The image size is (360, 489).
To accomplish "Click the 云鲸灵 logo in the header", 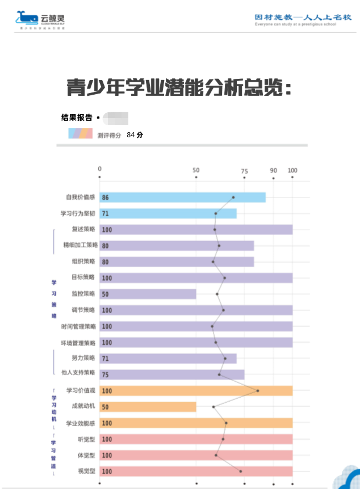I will pos(41,20).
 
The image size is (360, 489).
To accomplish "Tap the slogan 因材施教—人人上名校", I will pos(303,18).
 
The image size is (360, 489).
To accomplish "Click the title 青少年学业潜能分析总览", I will pos(179,88).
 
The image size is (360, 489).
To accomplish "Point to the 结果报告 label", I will pos(77,118).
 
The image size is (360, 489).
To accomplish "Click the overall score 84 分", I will pos(135,135).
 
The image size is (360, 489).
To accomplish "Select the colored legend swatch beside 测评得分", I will pos(80,134).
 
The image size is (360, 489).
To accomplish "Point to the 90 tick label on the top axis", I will pos(273,170).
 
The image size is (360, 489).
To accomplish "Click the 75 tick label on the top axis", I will pos(244,170).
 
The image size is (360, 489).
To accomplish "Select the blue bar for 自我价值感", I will pos(182,197).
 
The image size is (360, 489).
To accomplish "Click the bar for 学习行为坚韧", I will pos(168,213).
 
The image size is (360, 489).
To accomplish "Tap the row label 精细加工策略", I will pos(80,246).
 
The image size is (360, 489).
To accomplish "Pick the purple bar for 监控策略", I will pos(148,294).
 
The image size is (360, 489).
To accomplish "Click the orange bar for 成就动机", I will pos(148,407).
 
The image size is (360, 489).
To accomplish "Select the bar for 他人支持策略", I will pos(172,374).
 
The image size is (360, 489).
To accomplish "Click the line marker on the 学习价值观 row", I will pos(258,390).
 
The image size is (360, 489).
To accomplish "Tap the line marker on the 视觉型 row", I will pos(241,471).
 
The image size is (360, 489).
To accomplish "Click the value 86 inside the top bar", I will pos(106,198).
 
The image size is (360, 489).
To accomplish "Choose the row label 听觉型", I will pos(86,439).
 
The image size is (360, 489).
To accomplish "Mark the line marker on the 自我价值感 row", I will pos(233,197).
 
